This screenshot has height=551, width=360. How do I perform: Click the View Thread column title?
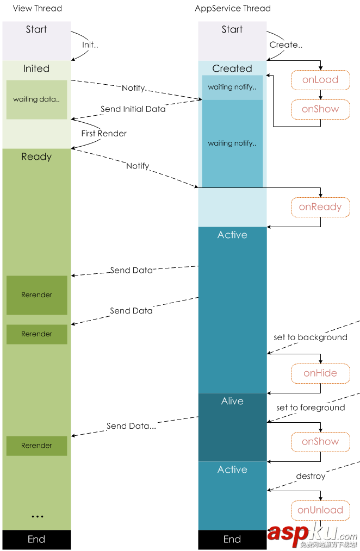coord(37,8)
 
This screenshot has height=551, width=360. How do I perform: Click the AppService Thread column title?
coord(233,8)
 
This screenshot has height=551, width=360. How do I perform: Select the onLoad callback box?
coord(320,80)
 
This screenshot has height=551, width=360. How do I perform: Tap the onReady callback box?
coord(320,207)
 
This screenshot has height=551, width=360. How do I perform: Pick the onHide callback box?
coord(320,373)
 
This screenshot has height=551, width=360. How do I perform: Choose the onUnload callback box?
coord(320,510)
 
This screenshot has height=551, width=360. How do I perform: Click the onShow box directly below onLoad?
coord(320,109)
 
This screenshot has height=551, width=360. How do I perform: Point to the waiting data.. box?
coord(36,99)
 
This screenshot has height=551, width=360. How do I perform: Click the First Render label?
coord(104,133)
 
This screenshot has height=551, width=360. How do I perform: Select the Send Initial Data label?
coord(133,109)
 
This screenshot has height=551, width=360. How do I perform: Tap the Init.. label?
coord(90,45)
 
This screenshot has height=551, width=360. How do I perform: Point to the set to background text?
coord(311,337)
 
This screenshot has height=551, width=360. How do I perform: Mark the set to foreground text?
coord(311,408)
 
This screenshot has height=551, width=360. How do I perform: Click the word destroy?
coord(311,477)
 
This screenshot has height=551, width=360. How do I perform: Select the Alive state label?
coord(232,402)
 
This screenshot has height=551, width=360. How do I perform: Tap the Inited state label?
coord(36,69)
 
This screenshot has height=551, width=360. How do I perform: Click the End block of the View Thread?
coord(36,540)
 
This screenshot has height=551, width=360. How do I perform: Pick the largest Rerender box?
coord(36,295)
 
